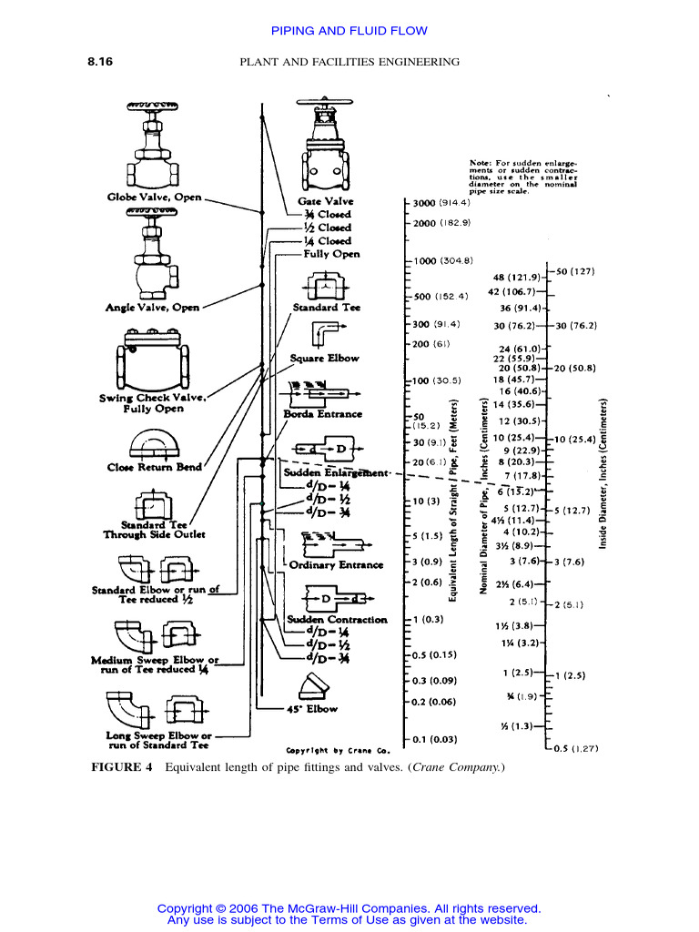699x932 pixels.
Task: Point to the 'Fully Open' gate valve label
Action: click(x=331, y=255)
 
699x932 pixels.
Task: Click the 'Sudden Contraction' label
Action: click(x=337, y=620)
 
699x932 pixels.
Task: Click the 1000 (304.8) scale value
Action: click(x=443, y=261)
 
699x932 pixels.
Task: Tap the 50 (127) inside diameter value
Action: click(x=574, y=271)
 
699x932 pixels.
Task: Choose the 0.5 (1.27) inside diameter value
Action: click(x=576, y=748)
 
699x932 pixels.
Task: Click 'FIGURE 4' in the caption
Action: click(x=122, y=768)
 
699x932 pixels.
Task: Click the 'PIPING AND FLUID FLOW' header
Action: click(x=349, y=31)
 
